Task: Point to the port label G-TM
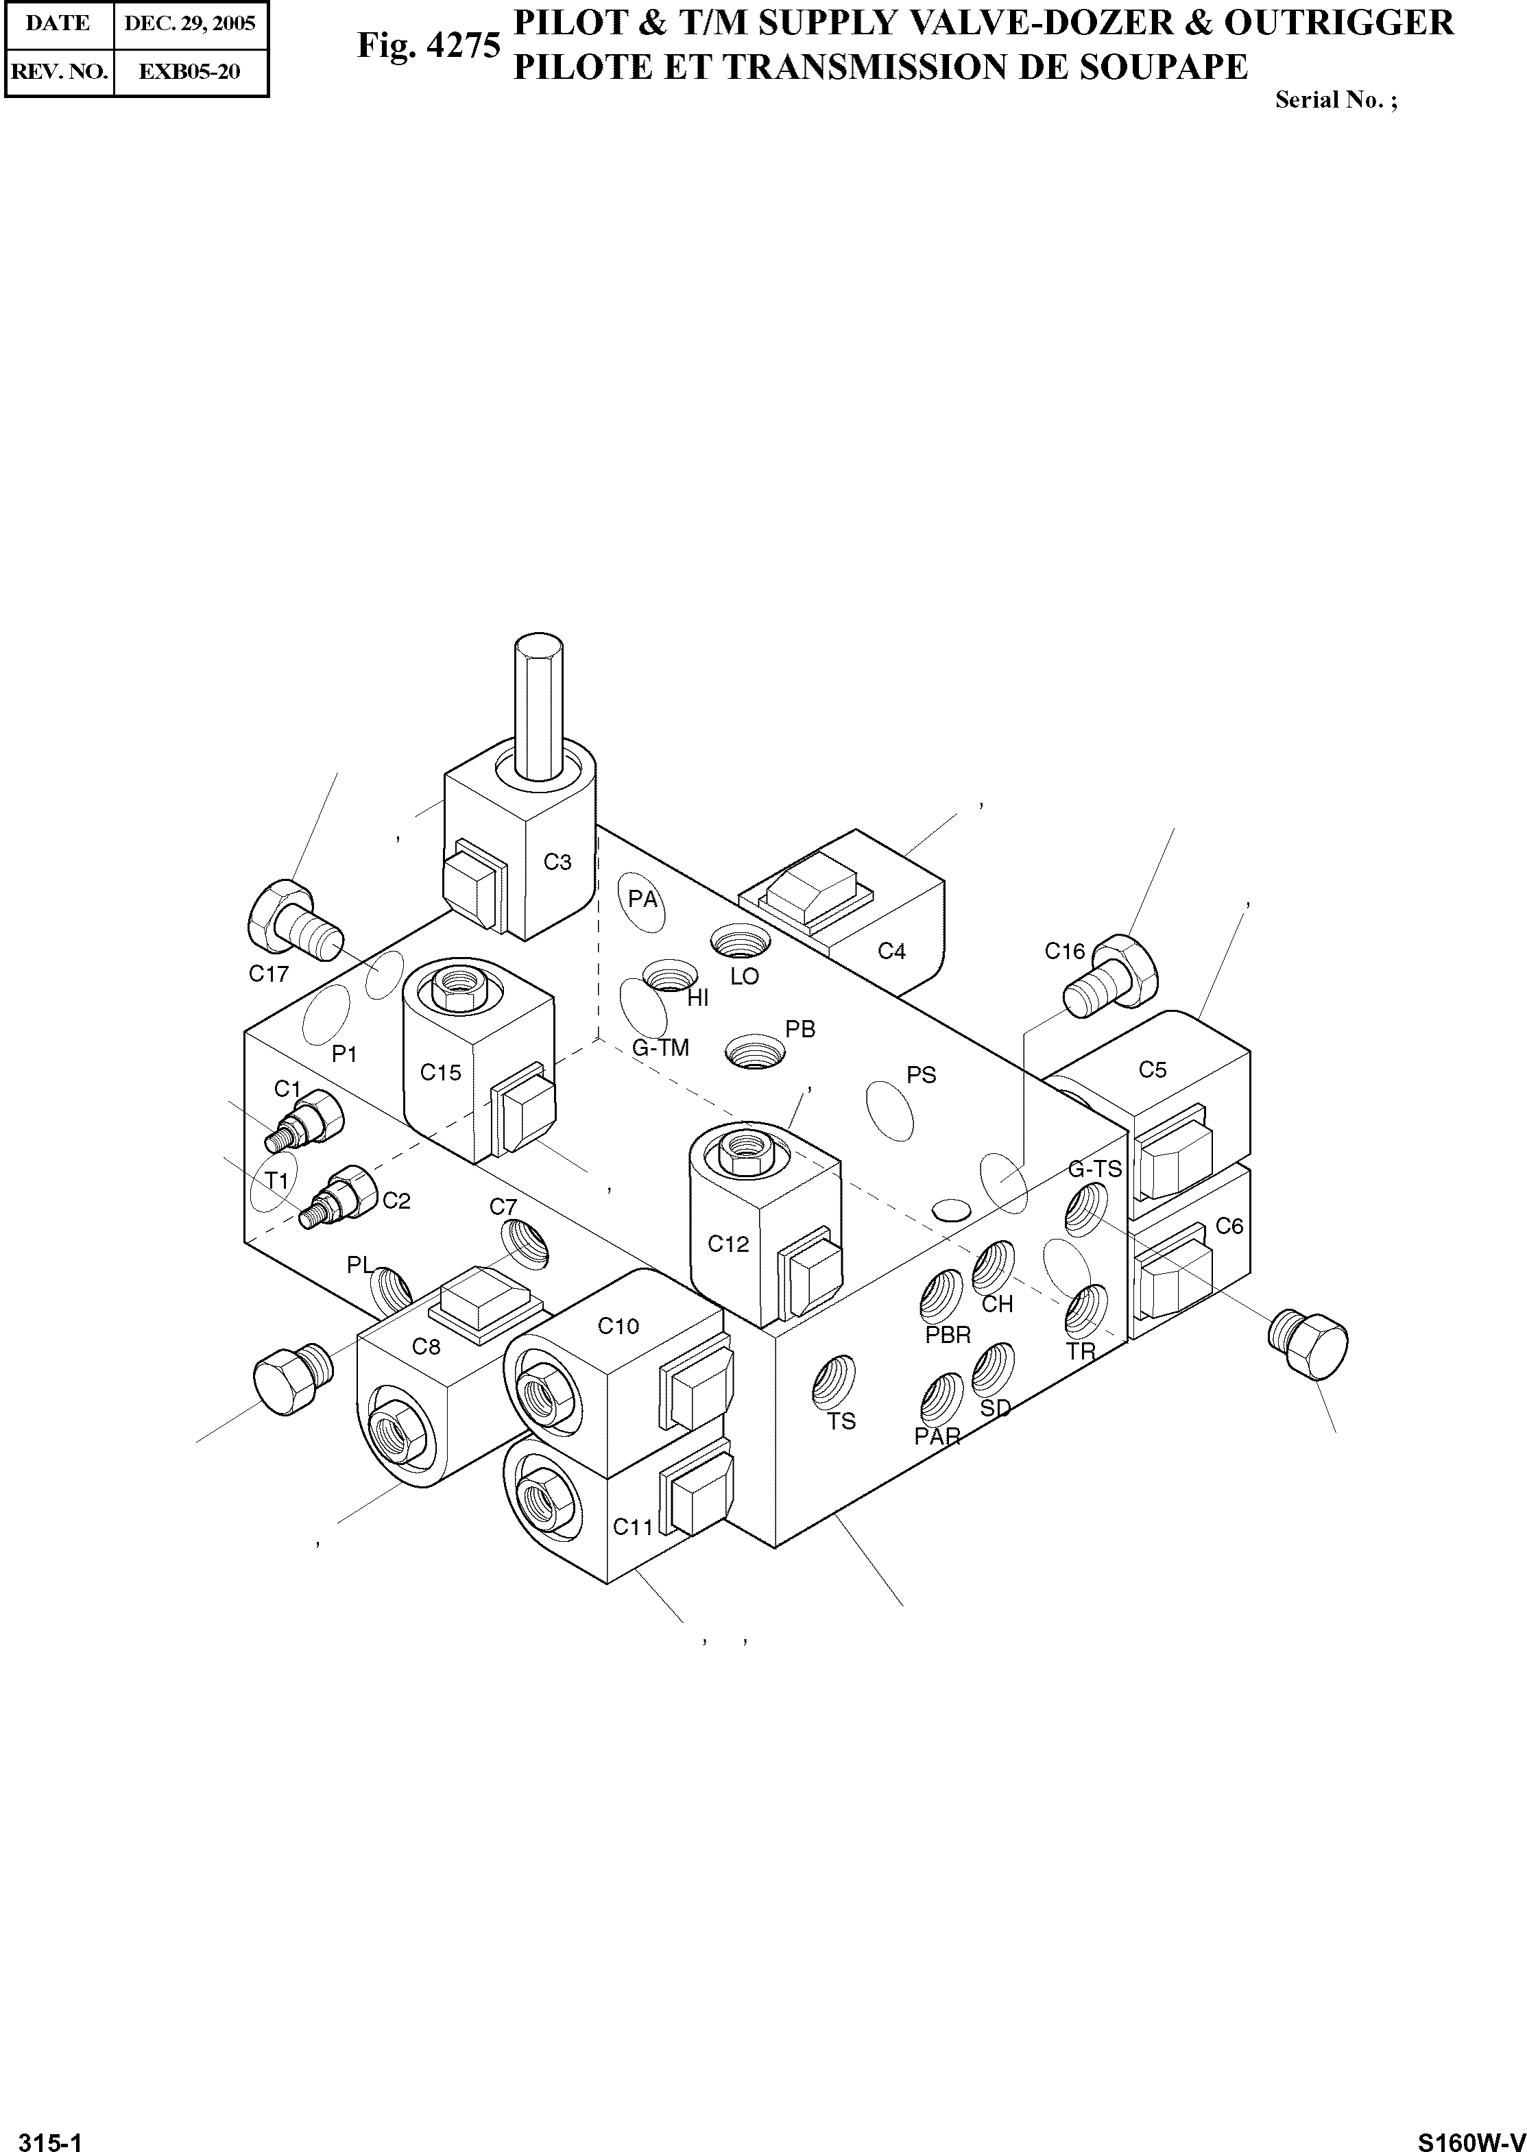[660, 1048]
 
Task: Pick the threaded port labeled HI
[669, 976]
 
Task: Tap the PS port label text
[922, 1074]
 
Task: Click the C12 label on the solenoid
[728, 1244]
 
